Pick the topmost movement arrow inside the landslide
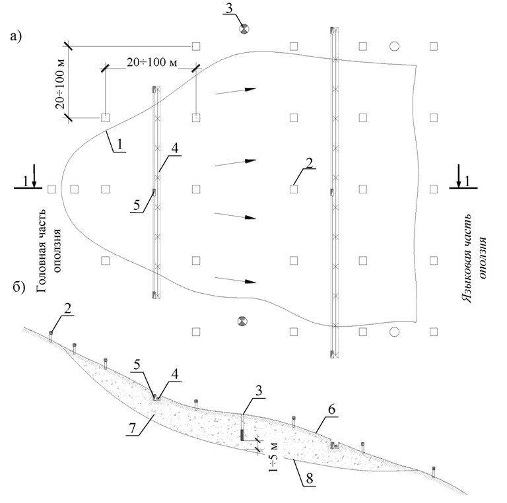pyautogui.click(x=235, y=91)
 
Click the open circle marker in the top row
pyautogui.click(x=394, y=46)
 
